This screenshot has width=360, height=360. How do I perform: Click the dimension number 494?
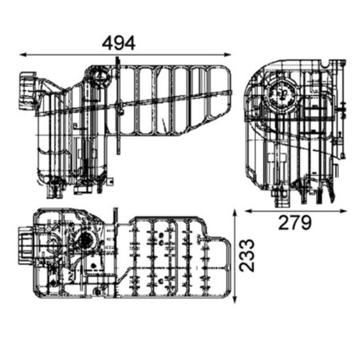[118, 43]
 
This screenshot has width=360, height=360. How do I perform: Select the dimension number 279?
[295, 223]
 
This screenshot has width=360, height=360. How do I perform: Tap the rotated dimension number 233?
[247, 255]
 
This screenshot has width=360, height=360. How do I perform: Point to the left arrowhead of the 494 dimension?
[23, 54]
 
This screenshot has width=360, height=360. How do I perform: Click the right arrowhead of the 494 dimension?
[228, 54]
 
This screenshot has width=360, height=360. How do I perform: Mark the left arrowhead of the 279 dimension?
[249, 211]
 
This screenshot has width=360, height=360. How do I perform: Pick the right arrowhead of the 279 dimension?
[342, 211]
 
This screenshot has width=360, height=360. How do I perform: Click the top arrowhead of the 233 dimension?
[234, 213]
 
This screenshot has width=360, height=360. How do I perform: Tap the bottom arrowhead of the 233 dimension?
[234, 300]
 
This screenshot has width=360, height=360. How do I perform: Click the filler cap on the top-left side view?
[27, 91]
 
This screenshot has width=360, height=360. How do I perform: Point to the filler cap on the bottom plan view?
[26, 246]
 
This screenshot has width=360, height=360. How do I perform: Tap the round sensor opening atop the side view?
[100, 76]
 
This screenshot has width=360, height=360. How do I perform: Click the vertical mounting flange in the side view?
[118, 105]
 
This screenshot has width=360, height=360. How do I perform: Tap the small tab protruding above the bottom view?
[115, 215]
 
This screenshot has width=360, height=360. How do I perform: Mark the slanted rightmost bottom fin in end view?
[331, 192]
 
